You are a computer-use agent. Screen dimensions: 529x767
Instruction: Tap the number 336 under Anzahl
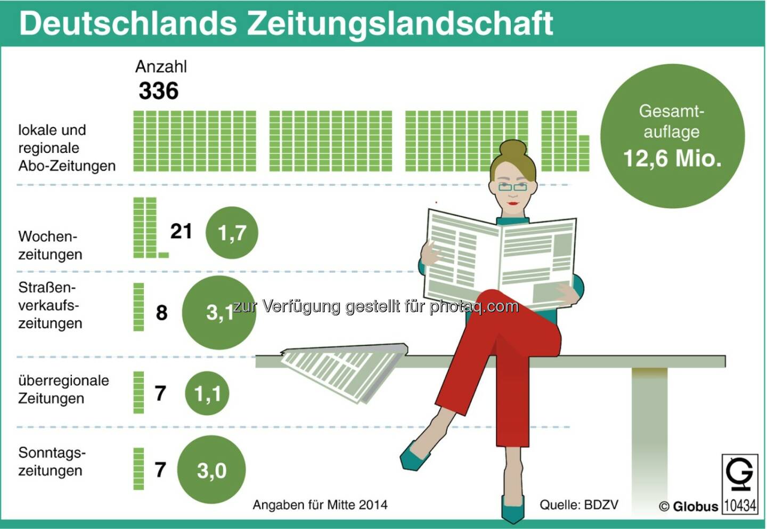coord(158,91)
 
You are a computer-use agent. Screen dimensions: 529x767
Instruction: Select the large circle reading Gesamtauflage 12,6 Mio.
coord(672,136)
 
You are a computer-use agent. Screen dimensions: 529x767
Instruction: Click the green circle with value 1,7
coord(232,233)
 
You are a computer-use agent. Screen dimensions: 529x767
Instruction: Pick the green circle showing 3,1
coord(219,313)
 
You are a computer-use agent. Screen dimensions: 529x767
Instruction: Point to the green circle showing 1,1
coord(207,394)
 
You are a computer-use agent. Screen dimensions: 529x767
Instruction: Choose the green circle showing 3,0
coord(211,470)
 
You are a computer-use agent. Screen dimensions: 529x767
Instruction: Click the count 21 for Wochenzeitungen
coord(181,231)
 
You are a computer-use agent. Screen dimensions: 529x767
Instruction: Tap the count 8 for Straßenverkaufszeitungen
coord(161,313)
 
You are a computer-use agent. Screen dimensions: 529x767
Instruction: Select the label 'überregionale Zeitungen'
coord(63,389)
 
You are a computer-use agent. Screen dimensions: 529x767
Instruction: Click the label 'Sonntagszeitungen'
coord(52,461)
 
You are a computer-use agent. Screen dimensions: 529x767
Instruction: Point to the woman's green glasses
coord(512,187)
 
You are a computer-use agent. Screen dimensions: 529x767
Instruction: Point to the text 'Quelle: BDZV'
coord(579,505)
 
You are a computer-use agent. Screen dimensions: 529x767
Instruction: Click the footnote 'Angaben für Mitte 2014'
coord(320,505)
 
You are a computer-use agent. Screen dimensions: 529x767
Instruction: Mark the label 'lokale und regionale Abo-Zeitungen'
coord(67,148)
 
